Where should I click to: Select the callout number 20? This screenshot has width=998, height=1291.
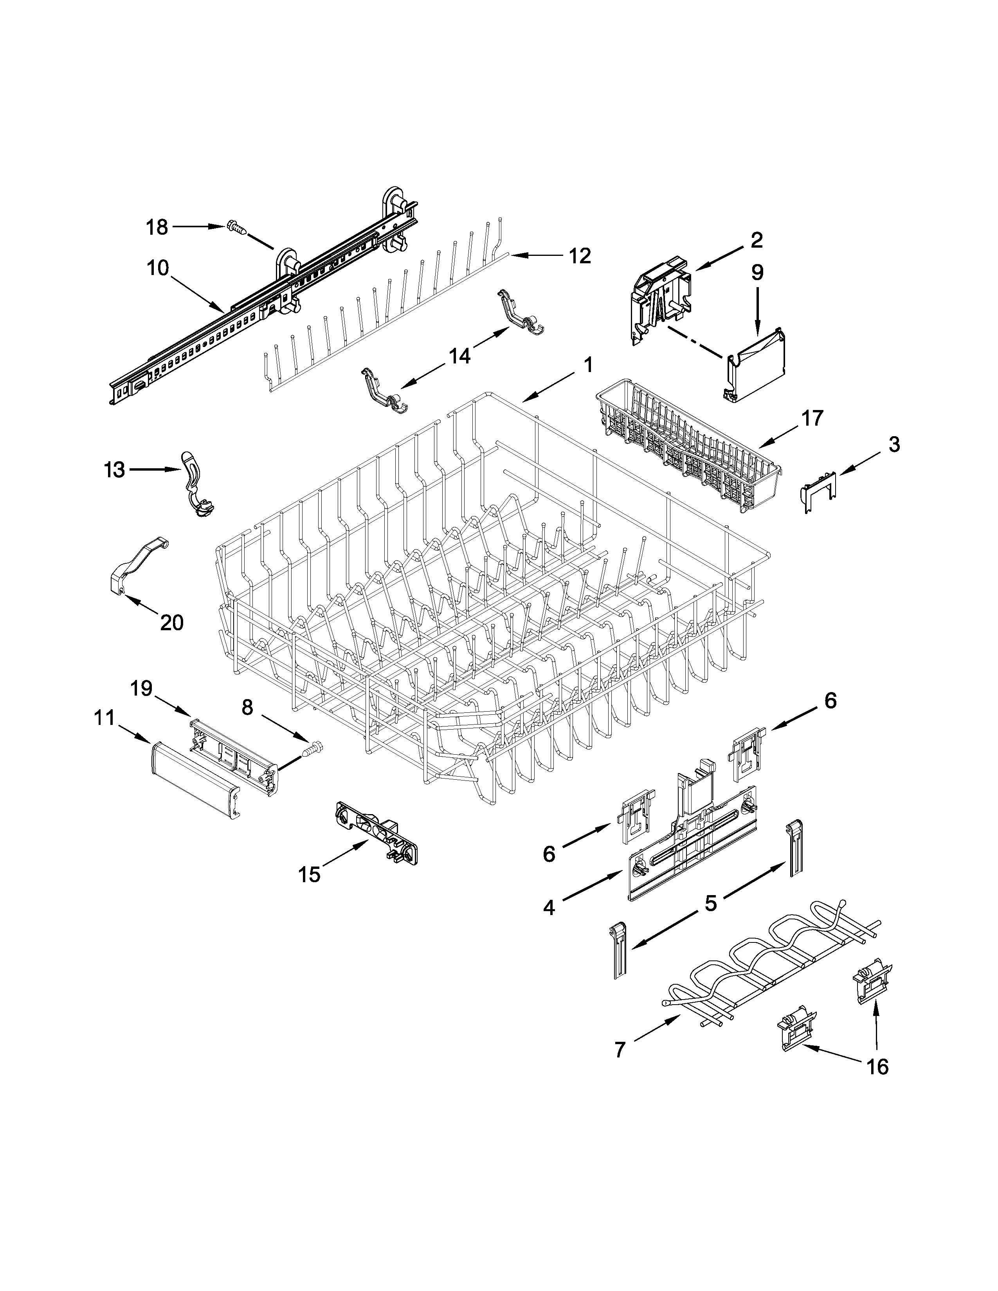click(x=171, y=622)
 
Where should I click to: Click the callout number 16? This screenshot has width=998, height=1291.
click(x=878, y=1067)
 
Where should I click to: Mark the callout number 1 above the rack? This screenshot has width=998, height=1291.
click(x=588, y=365)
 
